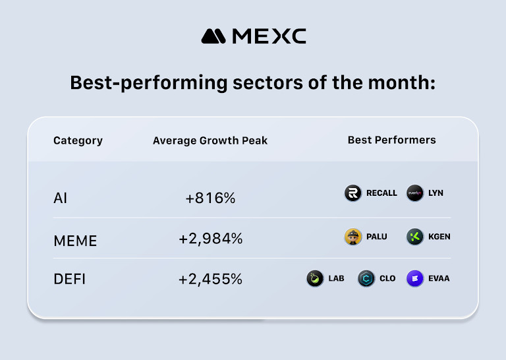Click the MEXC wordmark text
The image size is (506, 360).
269,36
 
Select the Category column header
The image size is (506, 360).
78,140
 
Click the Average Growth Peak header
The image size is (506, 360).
210,140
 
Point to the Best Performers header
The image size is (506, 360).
391,140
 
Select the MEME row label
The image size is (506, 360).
75,241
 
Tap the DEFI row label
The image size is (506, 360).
70,279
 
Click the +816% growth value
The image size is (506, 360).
210,197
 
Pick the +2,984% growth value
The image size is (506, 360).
210,239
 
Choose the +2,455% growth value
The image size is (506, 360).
210,279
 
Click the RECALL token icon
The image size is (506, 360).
353,193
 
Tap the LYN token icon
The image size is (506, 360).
415,193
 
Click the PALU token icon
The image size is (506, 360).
353,237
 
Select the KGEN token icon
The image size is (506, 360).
415,237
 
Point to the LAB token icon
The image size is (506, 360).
315,278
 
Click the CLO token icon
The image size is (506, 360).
366,278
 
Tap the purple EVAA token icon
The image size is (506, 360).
415,278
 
